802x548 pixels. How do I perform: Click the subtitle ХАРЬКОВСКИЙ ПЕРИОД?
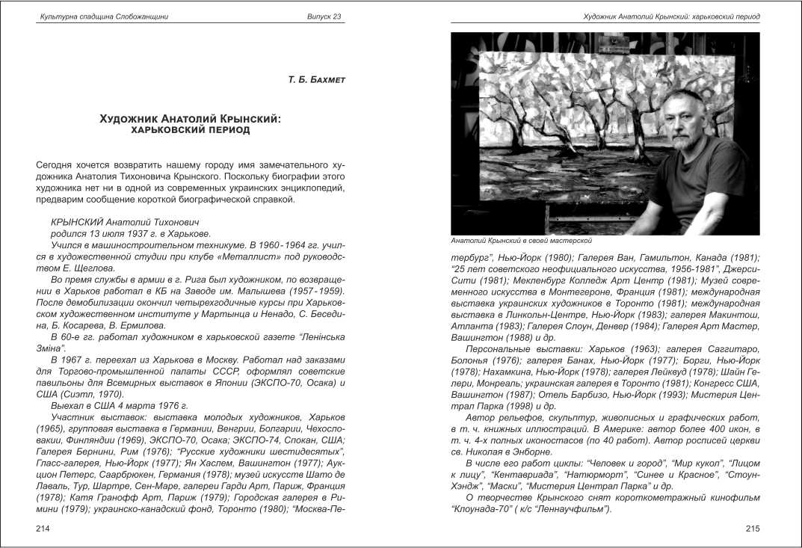(x=190, y=129)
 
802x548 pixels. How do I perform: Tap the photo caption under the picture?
(x=522, y=241)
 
